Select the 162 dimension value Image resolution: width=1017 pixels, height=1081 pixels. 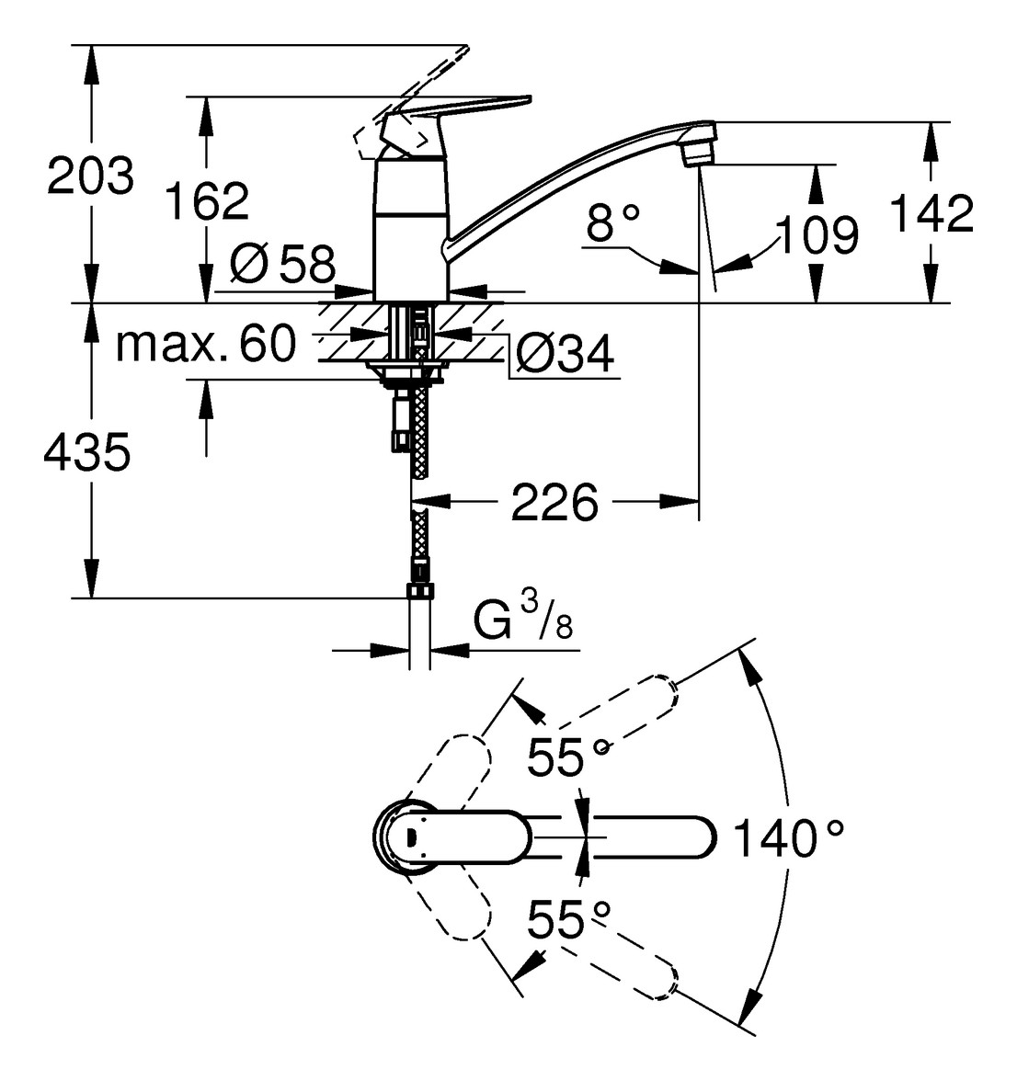click(207, 200)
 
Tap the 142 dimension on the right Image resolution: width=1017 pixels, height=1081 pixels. click(931, 213)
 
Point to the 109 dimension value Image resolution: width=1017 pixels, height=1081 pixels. click(817, 235)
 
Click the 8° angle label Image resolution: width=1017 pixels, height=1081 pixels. click(612, 223)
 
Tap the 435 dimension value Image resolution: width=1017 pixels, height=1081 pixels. click(86, 452)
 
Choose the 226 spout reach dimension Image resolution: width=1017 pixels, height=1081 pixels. click(554, 502)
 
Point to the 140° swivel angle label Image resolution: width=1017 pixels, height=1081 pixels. click(788, 838)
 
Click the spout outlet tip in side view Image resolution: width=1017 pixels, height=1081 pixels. click(698, 148)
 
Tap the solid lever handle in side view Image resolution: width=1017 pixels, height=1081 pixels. click(478, 107)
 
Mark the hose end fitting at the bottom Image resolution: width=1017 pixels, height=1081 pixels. click(419, 589)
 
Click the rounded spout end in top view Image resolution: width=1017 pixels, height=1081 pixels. click(699, 837)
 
